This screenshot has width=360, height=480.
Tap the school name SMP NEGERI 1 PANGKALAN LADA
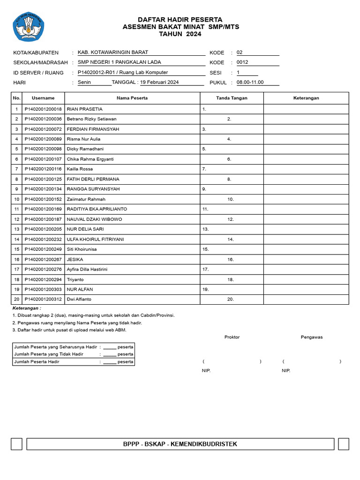(119, 62)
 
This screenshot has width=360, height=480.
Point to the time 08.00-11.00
(250, 82)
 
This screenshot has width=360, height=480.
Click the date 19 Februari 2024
(159, 82)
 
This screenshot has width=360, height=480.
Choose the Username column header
(43, 98)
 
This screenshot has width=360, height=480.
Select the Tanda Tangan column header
(232, 98)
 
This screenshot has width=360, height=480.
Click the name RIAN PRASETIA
(85, 109)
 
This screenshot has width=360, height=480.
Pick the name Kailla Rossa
(80, 169)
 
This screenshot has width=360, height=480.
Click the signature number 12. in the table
(231, 219)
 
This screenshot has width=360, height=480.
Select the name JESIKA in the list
(75, 259)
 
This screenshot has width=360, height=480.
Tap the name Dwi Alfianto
(79, 299)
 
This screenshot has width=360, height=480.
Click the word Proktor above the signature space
(232, 337)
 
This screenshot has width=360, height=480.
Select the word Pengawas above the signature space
(312, 337)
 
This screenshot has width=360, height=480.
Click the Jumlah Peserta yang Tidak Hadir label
(49, 354)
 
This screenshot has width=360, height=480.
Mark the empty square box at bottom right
(343, 444)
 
